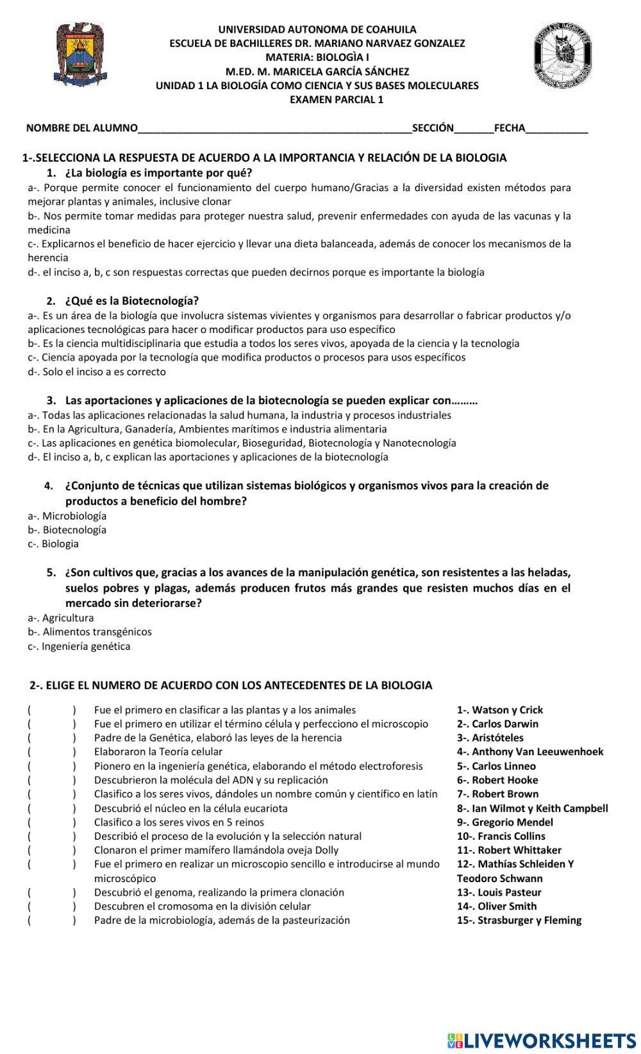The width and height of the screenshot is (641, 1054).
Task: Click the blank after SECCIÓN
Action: point(474,128)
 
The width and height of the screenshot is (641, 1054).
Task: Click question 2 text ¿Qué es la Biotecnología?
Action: point(131,300)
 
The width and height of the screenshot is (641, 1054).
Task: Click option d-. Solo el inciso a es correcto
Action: point(96,371)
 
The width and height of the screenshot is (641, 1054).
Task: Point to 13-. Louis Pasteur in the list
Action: point(499,892)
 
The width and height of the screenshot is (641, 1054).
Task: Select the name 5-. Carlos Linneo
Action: point(496,766)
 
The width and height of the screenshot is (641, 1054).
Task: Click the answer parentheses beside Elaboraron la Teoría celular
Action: point(51,752)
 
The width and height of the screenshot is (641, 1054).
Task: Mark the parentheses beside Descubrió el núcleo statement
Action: point(51,808)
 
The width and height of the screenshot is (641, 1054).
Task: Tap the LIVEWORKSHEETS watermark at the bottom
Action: point(542,1040)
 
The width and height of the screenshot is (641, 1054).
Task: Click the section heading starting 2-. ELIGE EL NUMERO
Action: point(231,685)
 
